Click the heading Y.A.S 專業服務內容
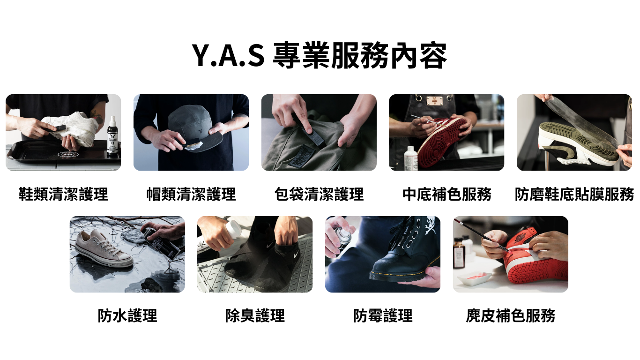pyautogui.click(x=320, y=55)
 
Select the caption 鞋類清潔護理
pyautogui.click(x=63, y=194)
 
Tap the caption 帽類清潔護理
pyautogui.click(x=191, y=194)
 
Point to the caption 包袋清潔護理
pyautogui.click(x=319, y=194)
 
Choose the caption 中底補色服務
pyautogui.click(x=447, y=194)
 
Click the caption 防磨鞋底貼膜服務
pyautogui.click(x=574, y=194)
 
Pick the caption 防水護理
pyautogui.click(x=127, y=315)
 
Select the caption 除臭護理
pyautogui.click(x=255, y=315)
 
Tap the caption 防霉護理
pyautogui.click(x=383, y=315)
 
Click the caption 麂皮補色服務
pyautogui.click(x=511, y=315)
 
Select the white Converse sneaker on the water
pyautogui.click(x=104, y=247)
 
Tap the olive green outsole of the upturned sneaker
pyautogui.click(x=580, y=140)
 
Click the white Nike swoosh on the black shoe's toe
pyautogui.click(x=296, y=255)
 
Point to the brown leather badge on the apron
pyautogui.click(x=434, y=100)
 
